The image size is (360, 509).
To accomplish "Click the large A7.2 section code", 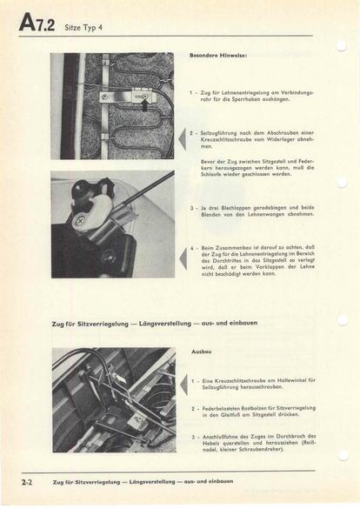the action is (37, 23).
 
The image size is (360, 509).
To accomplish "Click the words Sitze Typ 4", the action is (83, 28).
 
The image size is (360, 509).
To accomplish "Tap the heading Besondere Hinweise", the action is (218, 56).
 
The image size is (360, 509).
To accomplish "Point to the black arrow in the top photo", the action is (145, 104).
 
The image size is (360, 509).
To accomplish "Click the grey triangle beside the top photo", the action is (183, 139).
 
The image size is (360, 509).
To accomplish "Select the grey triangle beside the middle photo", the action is (183, 258).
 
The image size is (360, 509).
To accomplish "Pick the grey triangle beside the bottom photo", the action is (183, 384).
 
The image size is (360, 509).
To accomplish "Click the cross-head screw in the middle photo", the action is (80, 221).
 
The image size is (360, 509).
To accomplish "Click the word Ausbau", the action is (202, 352).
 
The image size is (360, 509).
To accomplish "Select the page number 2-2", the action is (27, 482).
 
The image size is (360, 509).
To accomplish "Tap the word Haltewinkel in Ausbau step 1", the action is (290, 380).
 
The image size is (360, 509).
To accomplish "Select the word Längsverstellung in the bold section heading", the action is (165, 324).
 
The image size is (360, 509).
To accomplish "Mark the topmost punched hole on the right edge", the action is (341, 46).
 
